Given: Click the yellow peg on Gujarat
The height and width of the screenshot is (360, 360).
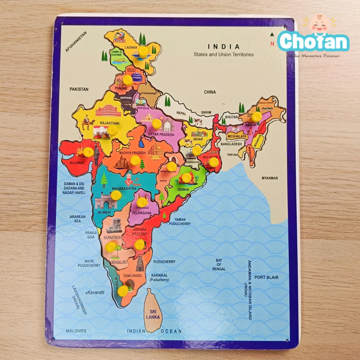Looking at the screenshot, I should (88, 152).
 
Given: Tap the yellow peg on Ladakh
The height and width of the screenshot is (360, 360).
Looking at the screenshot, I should (143, 51).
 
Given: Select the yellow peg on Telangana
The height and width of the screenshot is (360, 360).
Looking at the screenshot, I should (142, 202).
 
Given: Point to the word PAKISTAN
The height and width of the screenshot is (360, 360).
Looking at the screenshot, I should (79, 89).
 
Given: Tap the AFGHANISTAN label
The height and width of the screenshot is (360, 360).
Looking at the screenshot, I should (76, 42).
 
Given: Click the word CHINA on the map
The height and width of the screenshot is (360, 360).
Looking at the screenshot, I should (210, 92).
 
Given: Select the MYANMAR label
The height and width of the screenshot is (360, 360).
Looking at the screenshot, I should (270, 178).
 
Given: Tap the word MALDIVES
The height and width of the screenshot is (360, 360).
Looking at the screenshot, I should (76, 331).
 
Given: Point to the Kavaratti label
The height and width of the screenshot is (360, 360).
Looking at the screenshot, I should (96, 292).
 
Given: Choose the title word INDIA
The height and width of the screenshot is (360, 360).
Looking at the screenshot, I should (224, 47).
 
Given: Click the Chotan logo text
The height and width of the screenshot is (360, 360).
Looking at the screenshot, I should (313, 41).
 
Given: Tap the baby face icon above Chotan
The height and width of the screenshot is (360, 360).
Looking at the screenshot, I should (319, 24).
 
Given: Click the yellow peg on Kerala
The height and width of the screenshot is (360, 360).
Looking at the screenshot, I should (123, 290).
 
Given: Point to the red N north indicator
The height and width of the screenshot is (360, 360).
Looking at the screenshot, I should (272, 43).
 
